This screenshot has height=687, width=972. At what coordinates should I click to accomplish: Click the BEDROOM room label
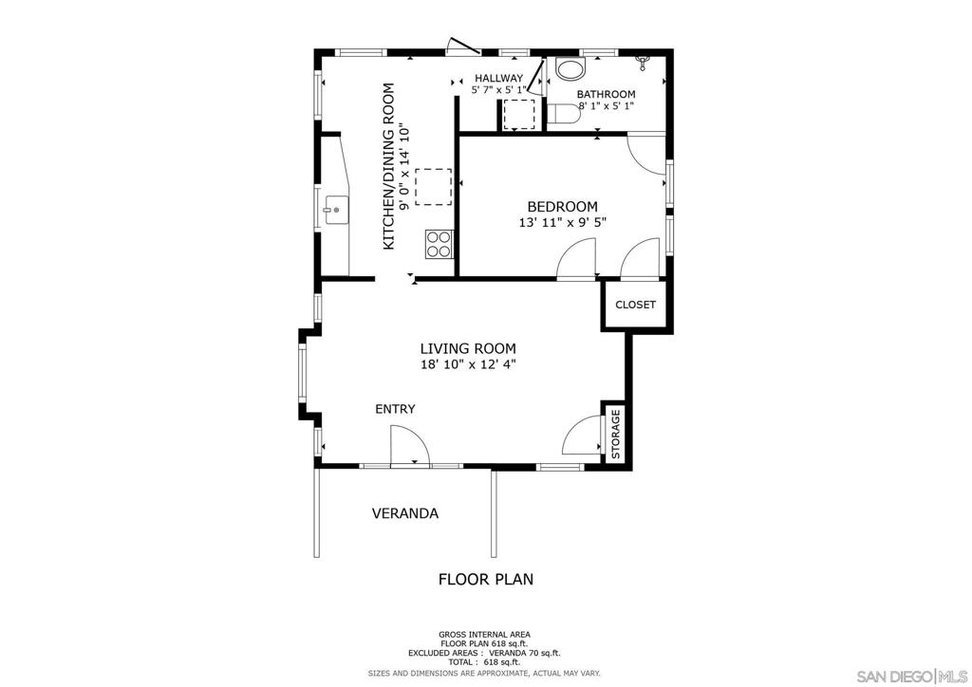[562, 206]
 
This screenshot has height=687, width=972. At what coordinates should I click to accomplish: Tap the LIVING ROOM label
[468, 349]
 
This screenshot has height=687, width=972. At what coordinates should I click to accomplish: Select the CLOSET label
[635, 305]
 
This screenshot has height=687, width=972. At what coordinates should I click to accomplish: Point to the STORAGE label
[615, 434]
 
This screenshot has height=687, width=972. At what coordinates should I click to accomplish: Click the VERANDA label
[404, 513]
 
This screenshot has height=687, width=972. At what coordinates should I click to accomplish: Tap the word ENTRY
[395, 409]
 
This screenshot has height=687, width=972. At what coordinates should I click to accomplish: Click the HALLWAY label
[499, 78]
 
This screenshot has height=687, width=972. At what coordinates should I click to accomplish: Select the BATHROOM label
[606, 94]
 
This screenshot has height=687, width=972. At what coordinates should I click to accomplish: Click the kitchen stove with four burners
[439, 244]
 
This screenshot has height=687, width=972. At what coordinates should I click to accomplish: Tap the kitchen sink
[335, 211]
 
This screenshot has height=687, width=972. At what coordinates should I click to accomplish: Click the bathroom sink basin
[570, 68]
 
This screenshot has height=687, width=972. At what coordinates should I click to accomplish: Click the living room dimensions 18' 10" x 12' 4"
[468, 364]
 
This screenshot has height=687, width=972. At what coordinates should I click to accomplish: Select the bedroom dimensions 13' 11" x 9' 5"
[562, 222]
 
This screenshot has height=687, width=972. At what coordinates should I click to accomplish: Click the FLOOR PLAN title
[486, 579]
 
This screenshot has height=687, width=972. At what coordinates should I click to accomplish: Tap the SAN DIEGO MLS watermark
[912, 676]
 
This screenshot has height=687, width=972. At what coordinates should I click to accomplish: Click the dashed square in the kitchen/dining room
[433, 187]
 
